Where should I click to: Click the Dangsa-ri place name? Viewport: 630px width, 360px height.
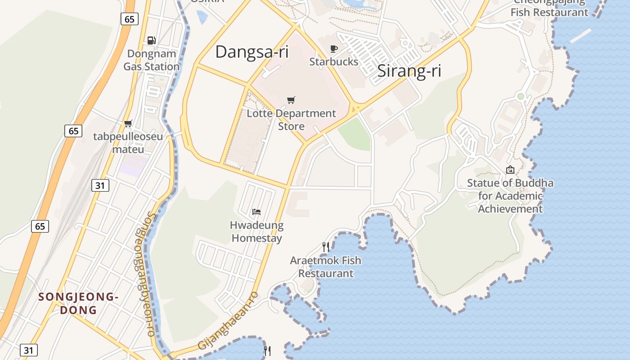tap(252, 52)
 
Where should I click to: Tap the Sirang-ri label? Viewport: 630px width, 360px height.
tap(409, 71)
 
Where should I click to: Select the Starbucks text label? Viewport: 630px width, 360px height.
tap(333, 62)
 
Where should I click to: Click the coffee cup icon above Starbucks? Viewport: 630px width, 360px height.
tap(333, 49)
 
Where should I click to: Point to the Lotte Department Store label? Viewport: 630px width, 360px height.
tap(291, 120)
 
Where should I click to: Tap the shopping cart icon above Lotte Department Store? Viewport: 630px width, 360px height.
tap(291, 100)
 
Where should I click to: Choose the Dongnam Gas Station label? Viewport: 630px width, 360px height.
tap(152, 60)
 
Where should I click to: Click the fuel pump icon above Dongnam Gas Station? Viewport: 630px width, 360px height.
tap(152, 40)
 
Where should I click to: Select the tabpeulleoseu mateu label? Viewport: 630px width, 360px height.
tap(128, 143)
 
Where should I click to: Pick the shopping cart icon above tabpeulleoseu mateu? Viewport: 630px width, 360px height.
tap(128, 123)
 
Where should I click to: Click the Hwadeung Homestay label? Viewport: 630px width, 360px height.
tap(256, 231)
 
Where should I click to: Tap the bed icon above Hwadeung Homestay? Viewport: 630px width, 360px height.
tap(256, 211)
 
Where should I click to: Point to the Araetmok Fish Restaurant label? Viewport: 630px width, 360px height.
tap(326, 267)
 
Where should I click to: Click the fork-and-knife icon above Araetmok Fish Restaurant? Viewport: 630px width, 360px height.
tap(326, 247)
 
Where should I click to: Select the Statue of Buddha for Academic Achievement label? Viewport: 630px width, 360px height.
tap(510, 196)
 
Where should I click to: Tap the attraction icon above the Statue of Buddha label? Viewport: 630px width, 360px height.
tap(510, 170)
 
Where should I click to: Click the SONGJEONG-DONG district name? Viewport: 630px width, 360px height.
tap(78, 303)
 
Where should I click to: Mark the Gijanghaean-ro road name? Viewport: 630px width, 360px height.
tap(228, 320)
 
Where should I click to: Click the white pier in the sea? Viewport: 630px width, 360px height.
tap(580, 36)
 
